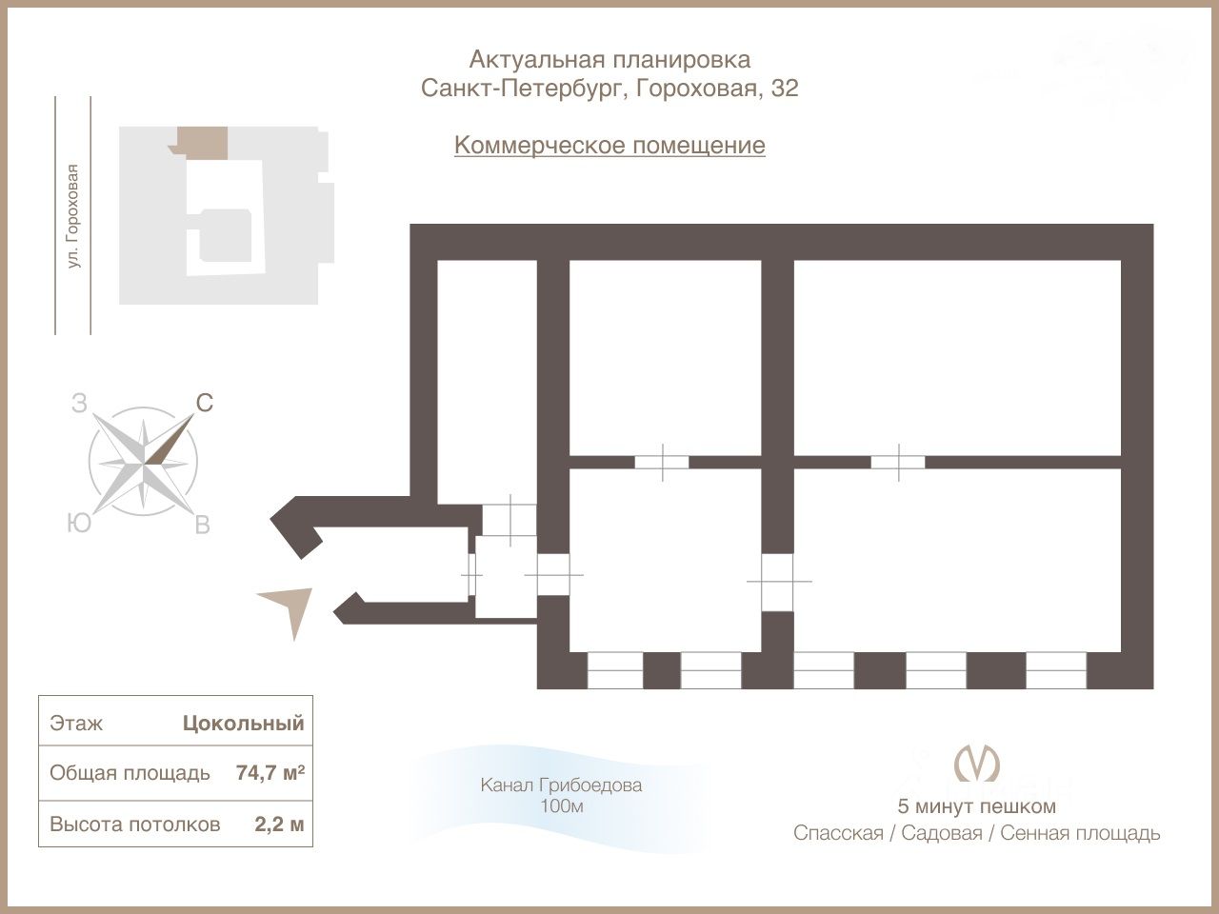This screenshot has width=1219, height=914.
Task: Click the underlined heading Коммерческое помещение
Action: (x=609, y=146)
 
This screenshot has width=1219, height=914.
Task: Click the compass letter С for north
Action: (x=204, y=404)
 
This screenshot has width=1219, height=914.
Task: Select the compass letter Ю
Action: (x=79, y=523)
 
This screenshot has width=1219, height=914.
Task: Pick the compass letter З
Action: (x=79, y=404)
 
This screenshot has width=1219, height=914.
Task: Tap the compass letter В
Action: (x=202, y=525)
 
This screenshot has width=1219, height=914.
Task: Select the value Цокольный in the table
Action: (x=244, y=723)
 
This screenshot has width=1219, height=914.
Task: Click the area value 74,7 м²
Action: (x=270, y=772)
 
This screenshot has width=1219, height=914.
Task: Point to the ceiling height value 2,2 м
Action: (x=279, y=824)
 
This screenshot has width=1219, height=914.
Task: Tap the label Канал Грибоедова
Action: (x=561, y=785)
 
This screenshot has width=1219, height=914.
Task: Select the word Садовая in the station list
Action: (x=941, y=833)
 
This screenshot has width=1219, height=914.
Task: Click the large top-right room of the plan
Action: (x=957, y=358)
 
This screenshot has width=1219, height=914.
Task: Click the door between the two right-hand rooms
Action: (x=898, y=462)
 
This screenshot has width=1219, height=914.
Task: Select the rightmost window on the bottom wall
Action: (x=1055, y=670)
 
